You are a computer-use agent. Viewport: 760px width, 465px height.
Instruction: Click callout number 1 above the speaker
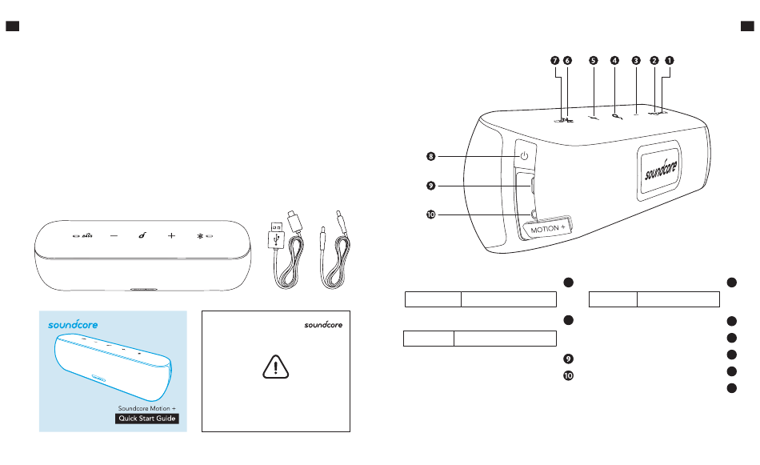(x=670, y=61)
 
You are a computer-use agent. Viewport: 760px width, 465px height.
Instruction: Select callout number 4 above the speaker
(x=614, y=61)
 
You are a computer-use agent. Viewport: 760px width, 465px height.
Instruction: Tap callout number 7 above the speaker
(x=555, y=61)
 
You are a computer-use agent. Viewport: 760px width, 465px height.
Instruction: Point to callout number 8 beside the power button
(x=431, y=156)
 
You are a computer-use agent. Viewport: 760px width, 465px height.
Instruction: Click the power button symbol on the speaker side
(x=524, y=155)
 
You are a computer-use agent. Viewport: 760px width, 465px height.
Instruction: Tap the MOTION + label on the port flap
(x=548, y=229)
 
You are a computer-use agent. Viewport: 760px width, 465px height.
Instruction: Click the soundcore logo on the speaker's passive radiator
(x=661, y=170)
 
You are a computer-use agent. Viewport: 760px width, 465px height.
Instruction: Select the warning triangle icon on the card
(x=276, y=367)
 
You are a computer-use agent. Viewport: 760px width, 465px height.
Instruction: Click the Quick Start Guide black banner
(x=147, y=419)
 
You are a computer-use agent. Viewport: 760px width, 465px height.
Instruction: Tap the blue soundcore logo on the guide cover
(x=73, y=324)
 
